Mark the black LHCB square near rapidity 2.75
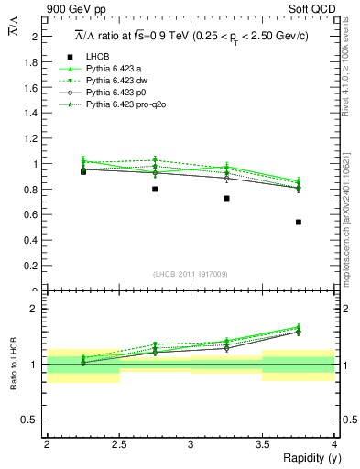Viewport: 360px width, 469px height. [x=155, y=189]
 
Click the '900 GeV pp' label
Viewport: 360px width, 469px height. [x=73, y=10]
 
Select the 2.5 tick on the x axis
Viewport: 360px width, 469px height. [x=118, y=444]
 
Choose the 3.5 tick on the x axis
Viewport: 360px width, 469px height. [x=262, y=444]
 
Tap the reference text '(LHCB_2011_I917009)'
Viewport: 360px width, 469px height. [x=191, y=273]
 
